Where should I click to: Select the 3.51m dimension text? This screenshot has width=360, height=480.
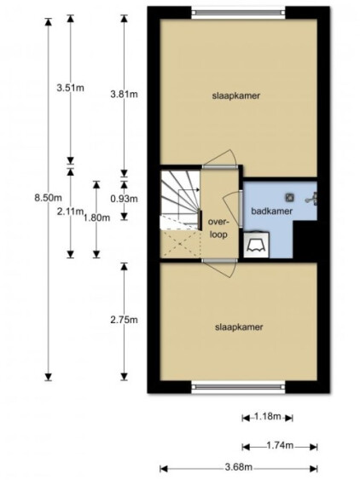click(70, 88)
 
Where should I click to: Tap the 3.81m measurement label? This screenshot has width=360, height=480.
click(124, 94)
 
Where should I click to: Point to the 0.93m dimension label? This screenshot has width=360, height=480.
click(124, 199)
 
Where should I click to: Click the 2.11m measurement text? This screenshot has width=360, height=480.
click(70, 211)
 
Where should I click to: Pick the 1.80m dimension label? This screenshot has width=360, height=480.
click(96, 217)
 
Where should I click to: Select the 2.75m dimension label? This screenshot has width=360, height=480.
click(124, 320)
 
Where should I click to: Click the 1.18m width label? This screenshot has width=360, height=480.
click(268, 417)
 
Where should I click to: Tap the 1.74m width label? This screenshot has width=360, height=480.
click(280, 445)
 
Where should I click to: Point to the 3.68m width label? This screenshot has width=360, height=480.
click(239, 467)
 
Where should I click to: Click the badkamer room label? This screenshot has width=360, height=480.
click(272, 211)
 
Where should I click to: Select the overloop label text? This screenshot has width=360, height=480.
click(218, 228)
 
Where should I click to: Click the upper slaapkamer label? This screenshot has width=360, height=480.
click(236, 95)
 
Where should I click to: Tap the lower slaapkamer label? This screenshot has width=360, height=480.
click(239, 327)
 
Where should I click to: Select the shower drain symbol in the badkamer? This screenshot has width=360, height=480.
click(289, 198)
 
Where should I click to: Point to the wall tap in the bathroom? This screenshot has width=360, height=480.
click(311, 199)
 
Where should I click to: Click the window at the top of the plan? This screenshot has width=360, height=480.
click(239, 13)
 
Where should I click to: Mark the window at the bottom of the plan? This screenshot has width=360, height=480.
click(239, 386)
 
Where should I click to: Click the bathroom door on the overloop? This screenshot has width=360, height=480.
click(241, 207)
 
